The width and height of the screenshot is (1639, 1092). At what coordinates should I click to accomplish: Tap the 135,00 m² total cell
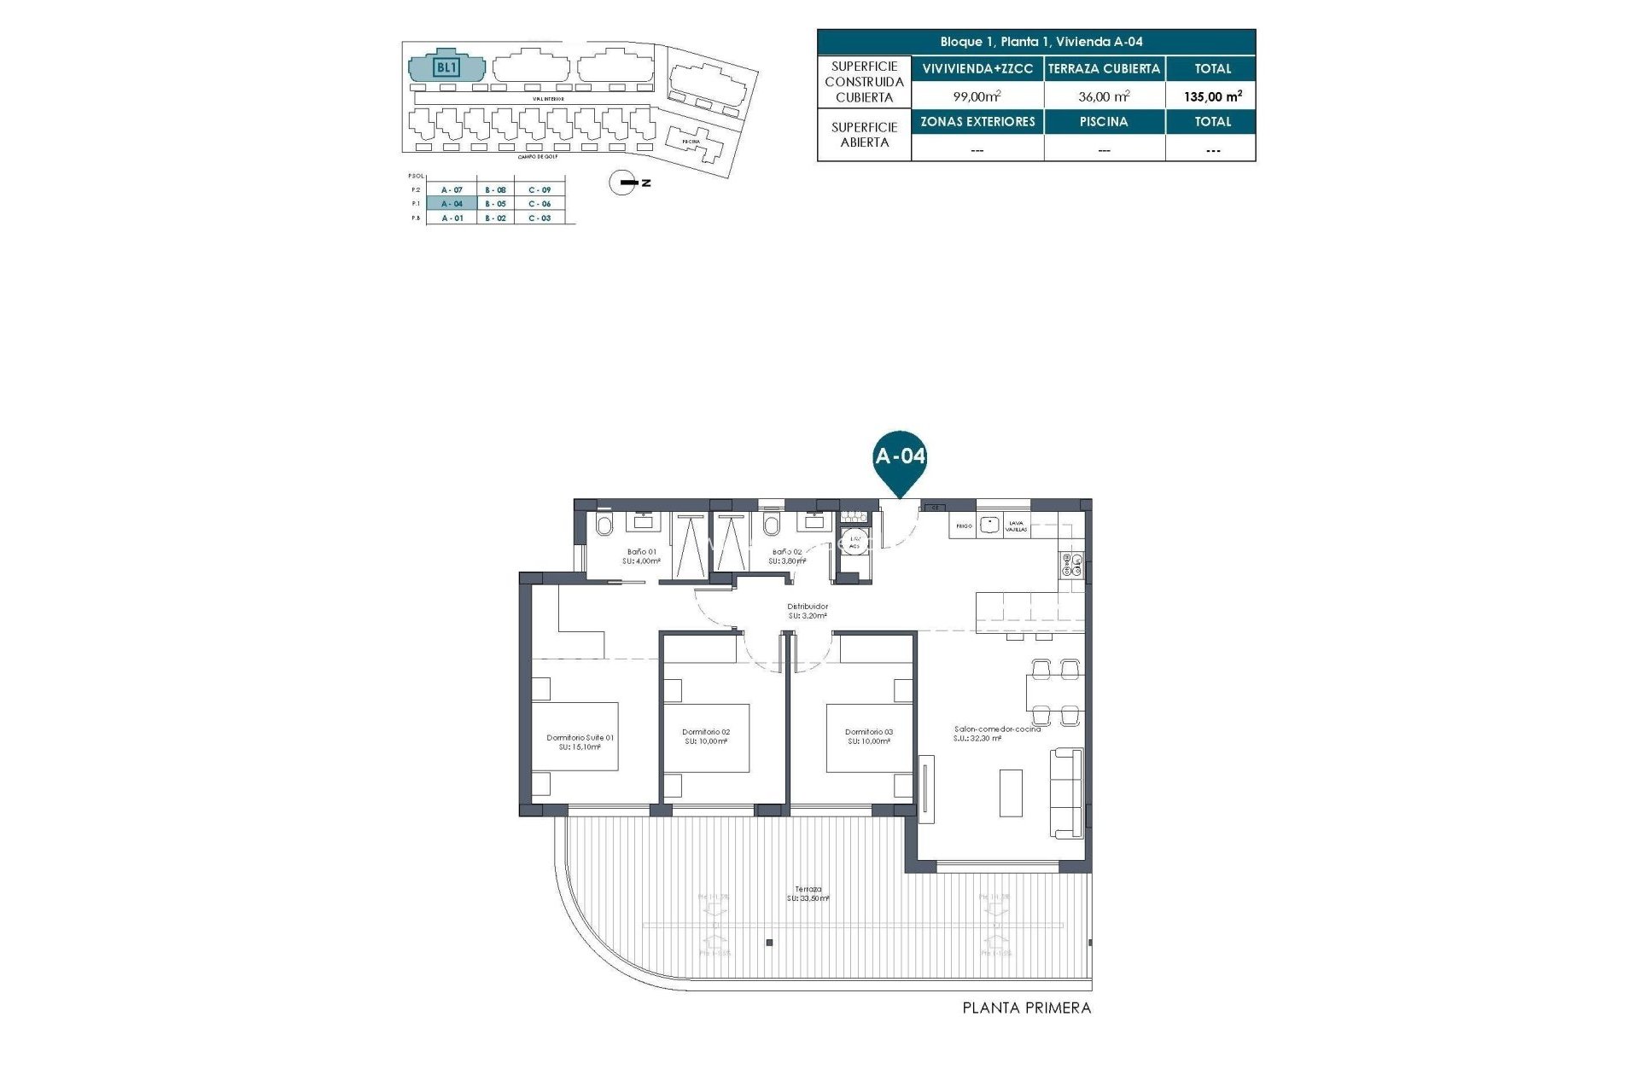tap(1211, 96)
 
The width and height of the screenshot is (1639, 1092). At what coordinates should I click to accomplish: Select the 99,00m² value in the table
tap(977, 96)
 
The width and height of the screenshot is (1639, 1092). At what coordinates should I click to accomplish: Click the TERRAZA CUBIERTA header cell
tap(1104, 68)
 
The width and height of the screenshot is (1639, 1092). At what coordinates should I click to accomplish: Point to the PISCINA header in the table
tap(1104, 121)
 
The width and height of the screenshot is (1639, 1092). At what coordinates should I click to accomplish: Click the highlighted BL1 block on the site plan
tap(446, 67)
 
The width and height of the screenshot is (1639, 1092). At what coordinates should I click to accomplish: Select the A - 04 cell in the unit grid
tap(452, 204)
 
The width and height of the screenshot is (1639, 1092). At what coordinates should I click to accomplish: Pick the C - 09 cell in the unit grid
tap(539, 189)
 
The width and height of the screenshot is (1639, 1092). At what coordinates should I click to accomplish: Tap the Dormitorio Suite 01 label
tap(580, 741)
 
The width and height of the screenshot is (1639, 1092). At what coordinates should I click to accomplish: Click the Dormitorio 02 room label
tap(706, 736)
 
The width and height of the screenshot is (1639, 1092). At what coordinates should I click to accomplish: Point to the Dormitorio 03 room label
tap(868, 736)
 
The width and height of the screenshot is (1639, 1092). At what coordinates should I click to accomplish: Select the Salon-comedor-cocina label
tap(997, 733)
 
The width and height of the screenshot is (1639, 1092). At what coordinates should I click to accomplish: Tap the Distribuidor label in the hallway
tap(807, 610)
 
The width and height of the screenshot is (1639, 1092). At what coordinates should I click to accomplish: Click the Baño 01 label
tap(642, 555)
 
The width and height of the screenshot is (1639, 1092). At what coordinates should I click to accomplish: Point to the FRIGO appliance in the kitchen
tap(964, 526)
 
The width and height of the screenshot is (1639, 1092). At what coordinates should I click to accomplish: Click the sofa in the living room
tap(1067, 793)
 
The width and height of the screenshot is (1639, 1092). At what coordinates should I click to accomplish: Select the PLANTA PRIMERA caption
tap(1026, 1008)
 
